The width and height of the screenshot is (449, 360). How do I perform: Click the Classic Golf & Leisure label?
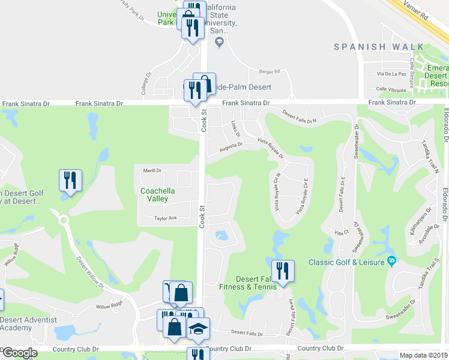click(346, 262)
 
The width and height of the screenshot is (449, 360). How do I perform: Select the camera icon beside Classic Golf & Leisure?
click(392, 260)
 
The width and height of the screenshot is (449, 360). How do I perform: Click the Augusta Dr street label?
click(231, 145)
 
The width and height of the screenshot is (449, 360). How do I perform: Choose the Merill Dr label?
click(152, 170)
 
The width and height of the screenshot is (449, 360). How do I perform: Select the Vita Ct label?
click(342, 232)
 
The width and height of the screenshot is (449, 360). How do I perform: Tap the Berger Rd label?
click(270, 71)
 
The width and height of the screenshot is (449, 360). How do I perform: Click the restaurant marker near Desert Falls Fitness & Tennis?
click(281, 270)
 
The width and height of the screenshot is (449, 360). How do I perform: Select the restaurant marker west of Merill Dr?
click(70, 180)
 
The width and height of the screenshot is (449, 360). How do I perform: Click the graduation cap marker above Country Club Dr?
click(197, 328)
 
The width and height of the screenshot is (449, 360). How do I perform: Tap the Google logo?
click(20, 353)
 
